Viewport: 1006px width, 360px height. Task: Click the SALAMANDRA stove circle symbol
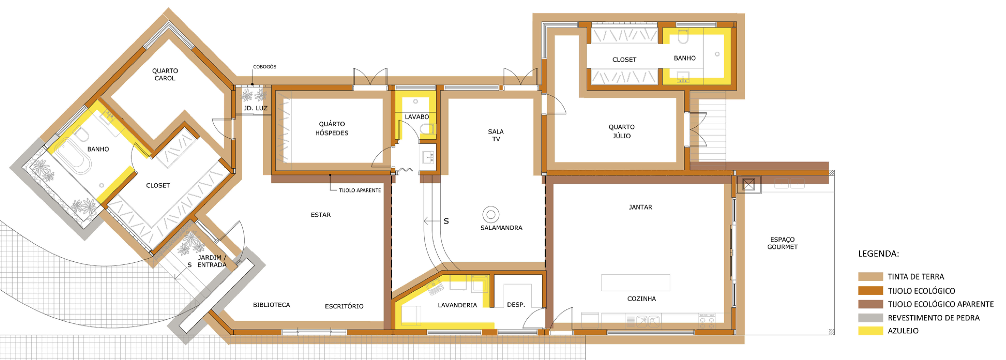tap(491, 214)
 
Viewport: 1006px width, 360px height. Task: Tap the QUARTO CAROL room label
tap(165, 74)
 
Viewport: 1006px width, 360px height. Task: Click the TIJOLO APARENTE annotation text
tap(360, 190)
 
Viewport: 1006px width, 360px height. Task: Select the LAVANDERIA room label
tap(457, 305)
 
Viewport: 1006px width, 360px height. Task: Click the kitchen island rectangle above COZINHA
tap(635, 282)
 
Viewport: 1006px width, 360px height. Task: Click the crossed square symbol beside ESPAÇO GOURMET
tap(748, 184)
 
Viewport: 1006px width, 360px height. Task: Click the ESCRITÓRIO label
tap(344, 306)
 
